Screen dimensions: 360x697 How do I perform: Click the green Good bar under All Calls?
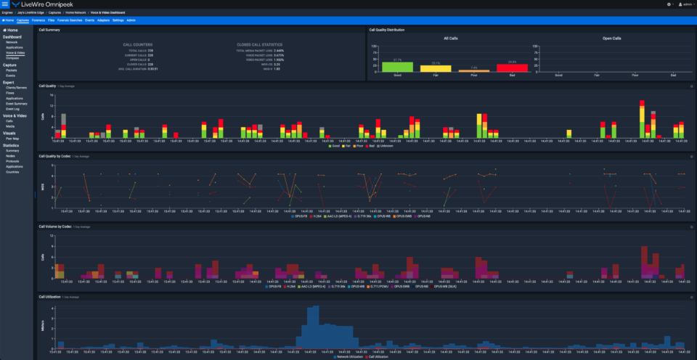coord(397,67)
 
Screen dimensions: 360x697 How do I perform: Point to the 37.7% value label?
coord(397,60)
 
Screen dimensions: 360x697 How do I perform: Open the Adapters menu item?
coord(102,20)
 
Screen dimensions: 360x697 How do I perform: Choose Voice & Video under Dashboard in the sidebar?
coord(15,53)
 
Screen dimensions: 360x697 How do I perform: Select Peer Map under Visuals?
coord(12,139)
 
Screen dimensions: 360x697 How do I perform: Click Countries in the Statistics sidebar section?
coord(13,171)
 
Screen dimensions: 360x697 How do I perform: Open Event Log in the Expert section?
coord(12,109)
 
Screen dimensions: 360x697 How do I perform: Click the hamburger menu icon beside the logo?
coord(5,4)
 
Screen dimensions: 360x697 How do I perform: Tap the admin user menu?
coord(686,4)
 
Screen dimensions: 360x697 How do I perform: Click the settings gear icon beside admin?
coord(669,4)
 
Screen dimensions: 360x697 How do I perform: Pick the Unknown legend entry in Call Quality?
coord(383,146)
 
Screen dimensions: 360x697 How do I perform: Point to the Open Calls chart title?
coord(612,38)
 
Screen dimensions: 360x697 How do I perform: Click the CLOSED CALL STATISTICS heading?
coord(259,44)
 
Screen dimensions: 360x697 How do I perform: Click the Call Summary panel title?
coord(49,30)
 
